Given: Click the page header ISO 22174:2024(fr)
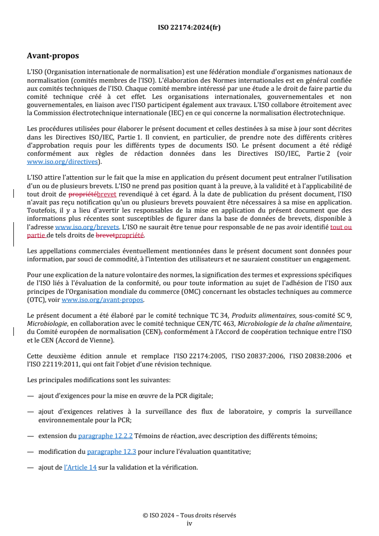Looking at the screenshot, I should (x=189, y=27).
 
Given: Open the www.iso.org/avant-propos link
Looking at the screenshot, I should (x=103, y=300).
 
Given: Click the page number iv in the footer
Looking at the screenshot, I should (x=189, y=523).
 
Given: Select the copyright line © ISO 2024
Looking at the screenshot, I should (x=189, y=515).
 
